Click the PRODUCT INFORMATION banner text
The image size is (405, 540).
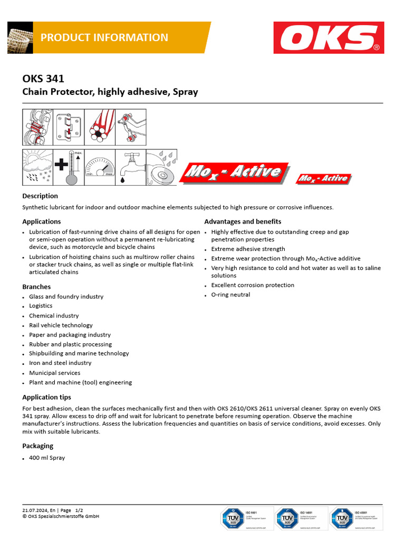pyautogui.click(x=104, y=37)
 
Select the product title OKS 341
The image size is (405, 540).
pyautogui.click(x=43, y=79)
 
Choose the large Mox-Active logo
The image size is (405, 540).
pyautogui.click(x=235, y=172)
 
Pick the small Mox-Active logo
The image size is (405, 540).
pyautogui.click(x=323, y=179)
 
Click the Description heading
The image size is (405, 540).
pyautogui.click(x=40, y=196)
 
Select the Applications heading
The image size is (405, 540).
pyautogui.click(x=42, y=221)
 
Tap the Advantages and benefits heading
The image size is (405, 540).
pyautogui.click(x=243, y=221)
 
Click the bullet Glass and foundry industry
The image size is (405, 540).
pyautogui.click(x=66, y=296)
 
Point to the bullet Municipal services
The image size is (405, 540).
pyautogui.click(x=55, y=373)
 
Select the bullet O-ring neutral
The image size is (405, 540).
pyautogui.click(x=230, y=295)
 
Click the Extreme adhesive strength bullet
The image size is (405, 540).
pyautogui.click(x=248, y=249)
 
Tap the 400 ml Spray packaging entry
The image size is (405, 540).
pyautogui.click(x=47, y=458)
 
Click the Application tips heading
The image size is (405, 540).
pyautogui.click(x=46, y=397)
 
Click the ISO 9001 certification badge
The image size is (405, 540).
pyautogui.click(x=247, y=518)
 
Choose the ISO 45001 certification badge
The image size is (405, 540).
pyautogui.click(x=356, y=518)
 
